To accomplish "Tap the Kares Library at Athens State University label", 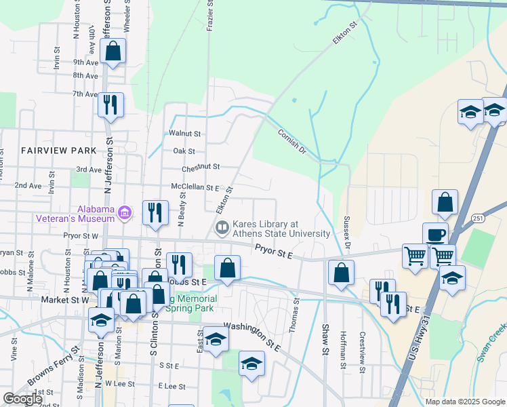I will (x=281, y=229).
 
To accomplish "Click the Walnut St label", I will (x=186, y=134).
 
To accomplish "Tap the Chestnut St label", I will (x=201, y=167).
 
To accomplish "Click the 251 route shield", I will (x=478, y=218).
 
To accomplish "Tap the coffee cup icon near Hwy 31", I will (x=435, y=233).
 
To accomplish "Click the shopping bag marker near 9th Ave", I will (x=113, y=51).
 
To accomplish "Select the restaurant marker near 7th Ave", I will (x=110, y=105).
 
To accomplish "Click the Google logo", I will (x=22, y=400).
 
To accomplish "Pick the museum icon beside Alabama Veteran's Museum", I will (x=124, y=214).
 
